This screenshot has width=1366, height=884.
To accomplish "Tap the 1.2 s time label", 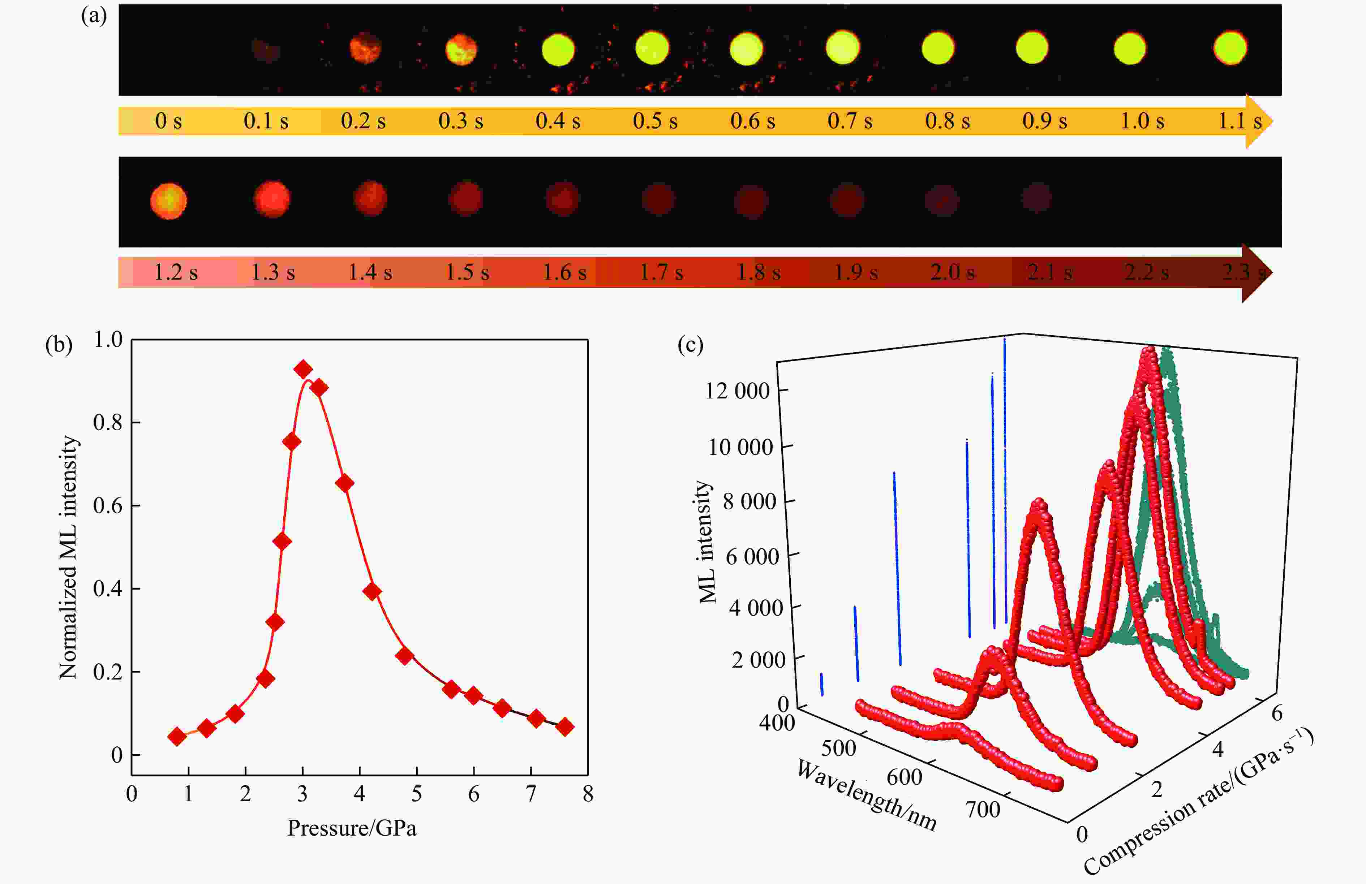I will (x=176, y=272).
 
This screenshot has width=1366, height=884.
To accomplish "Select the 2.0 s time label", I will (x=952, y=272).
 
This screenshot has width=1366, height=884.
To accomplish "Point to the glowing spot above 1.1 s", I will (x=1230, y=48).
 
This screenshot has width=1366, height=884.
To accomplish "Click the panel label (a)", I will (x=94, y=16).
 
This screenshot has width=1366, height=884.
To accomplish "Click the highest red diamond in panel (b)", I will (x=303, y=370).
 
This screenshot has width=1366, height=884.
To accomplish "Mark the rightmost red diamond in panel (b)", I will (x=565, y=727).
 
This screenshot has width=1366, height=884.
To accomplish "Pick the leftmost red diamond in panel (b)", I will (x=177, y=736).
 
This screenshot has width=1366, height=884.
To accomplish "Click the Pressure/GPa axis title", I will (x=352, y=828).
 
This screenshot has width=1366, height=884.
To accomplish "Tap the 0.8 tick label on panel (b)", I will (x=108, y=423).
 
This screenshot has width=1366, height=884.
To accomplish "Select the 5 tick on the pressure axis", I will (x=416, y=794).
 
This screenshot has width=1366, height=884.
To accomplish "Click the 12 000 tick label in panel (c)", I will (x=737, y=391).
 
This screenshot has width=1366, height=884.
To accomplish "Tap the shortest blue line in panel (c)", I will (x=822, y=684).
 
